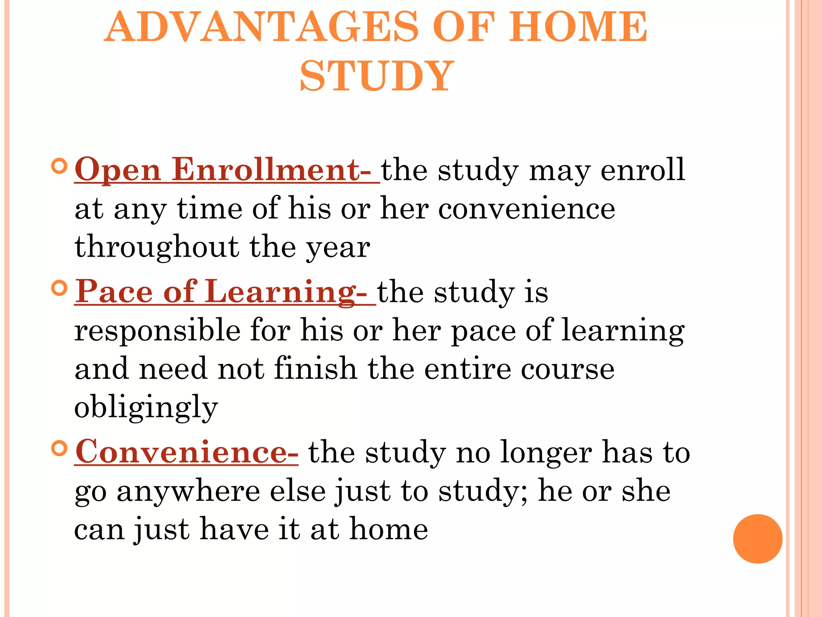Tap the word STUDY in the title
(377, 76)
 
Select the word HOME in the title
(578, 27)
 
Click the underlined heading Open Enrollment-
(227, 170)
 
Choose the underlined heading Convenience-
(187, 452)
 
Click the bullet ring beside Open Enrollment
(59, 166)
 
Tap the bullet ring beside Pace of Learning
(59, 288)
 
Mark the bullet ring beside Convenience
(59, 448)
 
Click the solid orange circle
(757, 539)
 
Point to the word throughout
(157, 247)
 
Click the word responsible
(157, 331)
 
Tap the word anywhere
(189, 491)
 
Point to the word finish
(315, 369)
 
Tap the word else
(298, 491)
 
